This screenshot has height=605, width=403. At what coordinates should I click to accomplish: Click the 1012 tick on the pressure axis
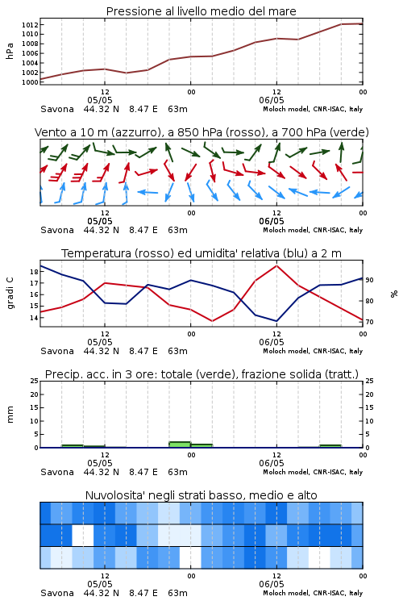pyautogui.click(x=30, y=25)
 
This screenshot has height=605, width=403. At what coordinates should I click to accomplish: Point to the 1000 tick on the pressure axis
pyautogui.click(x=30, y=82)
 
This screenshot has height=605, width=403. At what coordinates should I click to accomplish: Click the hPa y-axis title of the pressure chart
pyautogui.click(x=10, y=51)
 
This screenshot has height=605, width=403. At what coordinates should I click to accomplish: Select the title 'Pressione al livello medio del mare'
pyautogui.click(x=201, y=11)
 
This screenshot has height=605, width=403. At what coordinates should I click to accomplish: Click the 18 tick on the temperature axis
pyautogui.click(x=34, y=272)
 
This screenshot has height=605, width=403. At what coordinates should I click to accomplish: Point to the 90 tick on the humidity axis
pyautogui.click(x=369, y=280)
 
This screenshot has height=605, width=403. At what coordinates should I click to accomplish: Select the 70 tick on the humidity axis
pyautogui.click(x=369, y=322)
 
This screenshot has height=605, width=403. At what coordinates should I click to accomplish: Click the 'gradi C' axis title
pyautogui.click(x=10, y=294)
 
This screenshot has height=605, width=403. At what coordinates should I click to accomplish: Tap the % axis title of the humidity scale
pyautogui.click(x=394, y=294)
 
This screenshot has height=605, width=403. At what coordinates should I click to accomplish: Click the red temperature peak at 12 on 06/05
pyautogui.click(x=276, y=265)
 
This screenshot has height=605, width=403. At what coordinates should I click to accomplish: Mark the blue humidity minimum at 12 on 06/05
pyautogui.click(x=276, y=321)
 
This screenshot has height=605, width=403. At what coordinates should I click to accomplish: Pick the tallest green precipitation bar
pyautogui.click(x=180, y=444)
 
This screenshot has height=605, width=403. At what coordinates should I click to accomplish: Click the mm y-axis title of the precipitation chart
pyautogui.click(x=10, y=415)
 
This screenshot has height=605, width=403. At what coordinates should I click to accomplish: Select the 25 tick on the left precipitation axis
pyautogui.click(x=35, y=381)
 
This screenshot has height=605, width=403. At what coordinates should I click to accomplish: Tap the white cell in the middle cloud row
pyautogui.click(x=83, y=535)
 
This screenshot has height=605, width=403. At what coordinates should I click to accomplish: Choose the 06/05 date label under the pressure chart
pyautogui.click(x=272, y=100)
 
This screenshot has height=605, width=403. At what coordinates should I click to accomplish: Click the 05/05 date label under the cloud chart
pyautogui.click(x=100, y=584)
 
